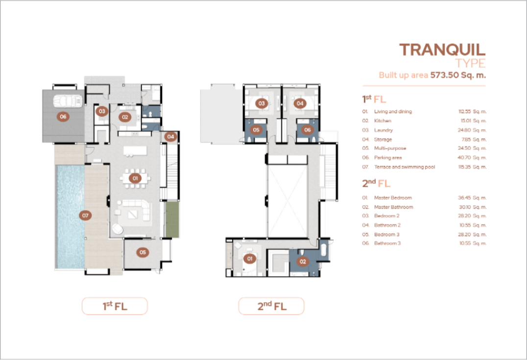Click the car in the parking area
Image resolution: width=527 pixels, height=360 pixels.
[x=68, y=101]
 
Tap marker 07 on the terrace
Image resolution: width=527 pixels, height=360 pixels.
[x=85, y=216]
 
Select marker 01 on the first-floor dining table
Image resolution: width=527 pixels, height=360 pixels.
[x=135, y=178]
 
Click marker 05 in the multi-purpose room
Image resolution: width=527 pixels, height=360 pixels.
[x=143, y=252]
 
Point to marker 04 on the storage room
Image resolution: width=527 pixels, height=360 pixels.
[x=171, y=137]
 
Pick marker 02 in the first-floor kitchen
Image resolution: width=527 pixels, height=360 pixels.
[x=125, y=117]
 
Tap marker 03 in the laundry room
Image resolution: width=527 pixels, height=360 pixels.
[x=102, y=111]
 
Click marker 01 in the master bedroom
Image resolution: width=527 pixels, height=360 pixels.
[x=250, y=259]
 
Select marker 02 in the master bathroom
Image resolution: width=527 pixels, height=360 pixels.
[x=303, y=262]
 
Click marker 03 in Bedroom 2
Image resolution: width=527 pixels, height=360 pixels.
[x=262, y=103]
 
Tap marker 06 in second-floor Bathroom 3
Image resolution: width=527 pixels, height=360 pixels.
[x=308, y=130]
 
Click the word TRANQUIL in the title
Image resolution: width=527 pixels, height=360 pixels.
[x=442, y=50]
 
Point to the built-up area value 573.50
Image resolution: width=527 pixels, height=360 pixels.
[x=445, y=75]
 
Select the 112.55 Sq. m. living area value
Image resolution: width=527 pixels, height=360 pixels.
[x=473, y=112]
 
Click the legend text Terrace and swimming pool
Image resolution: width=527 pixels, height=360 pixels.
[x=405, y=167]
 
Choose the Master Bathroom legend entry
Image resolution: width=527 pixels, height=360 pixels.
[x=394, y=207]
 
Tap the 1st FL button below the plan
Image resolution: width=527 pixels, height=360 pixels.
[x=115, y=306]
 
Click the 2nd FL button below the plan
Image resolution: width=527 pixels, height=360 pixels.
[x=271, y=306]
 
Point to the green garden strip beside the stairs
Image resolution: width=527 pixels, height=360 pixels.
[x=172, y=219]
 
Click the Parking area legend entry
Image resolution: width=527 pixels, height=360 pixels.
[x=388, y=158]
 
